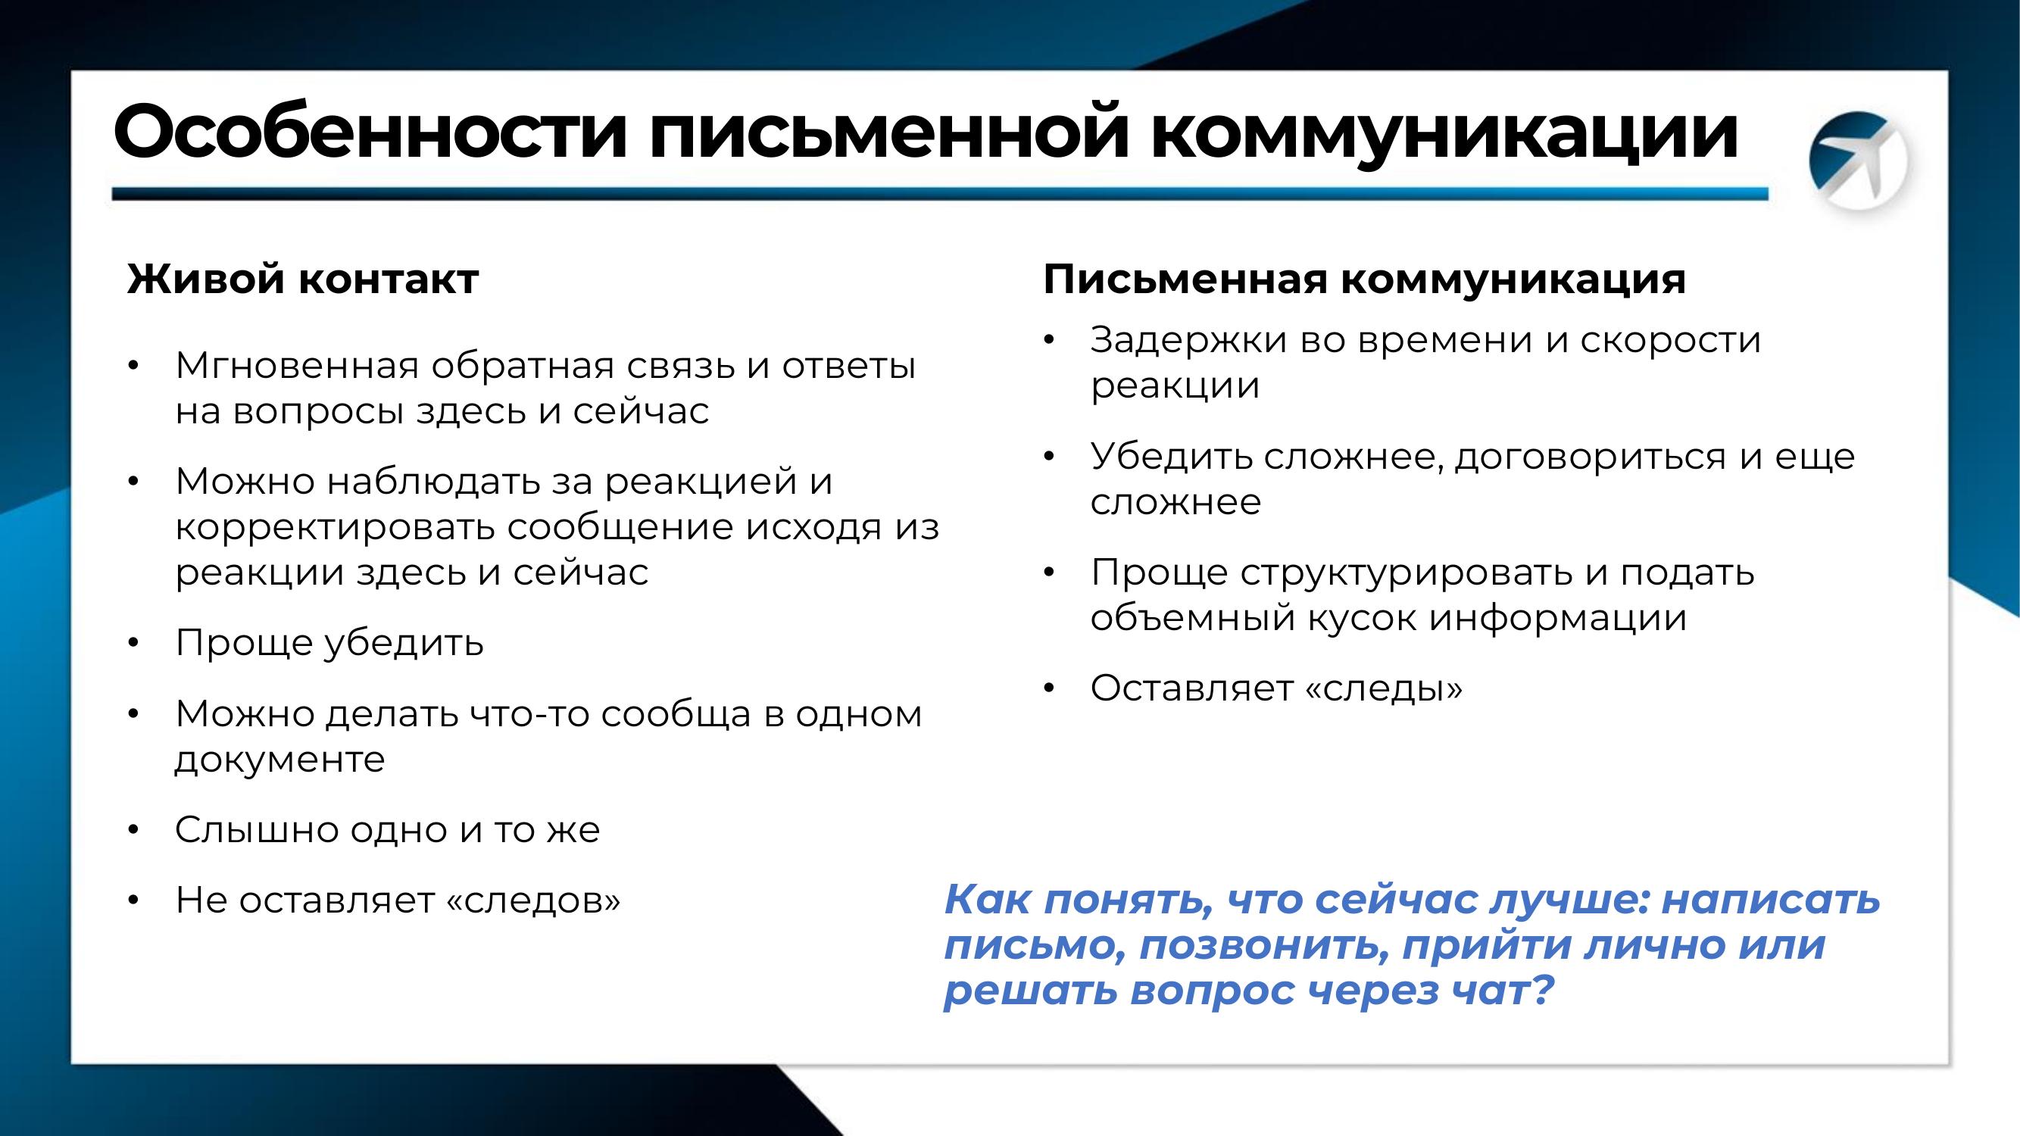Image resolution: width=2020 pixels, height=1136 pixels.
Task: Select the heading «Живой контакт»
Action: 303,279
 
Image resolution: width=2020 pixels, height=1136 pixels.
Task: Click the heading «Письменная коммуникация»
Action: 1364,279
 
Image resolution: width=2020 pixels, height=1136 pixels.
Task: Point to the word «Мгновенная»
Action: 297,365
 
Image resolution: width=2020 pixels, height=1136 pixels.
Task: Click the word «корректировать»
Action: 335,528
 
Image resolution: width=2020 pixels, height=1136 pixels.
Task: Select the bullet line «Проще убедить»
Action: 329,644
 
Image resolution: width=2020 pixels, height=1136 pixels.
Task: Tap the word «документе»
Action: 280,760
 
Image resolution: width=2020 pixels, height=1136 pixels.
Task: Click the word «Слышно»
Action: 257,829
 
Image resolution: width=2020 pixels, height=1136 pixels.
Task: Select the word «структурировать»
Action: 1406,574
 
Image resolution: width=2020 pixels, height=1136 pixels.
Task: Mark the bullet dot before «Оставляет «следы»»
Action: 1049,688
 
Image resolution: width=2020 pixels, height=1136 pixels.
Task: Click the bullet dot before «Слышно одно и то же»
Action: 133,830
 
